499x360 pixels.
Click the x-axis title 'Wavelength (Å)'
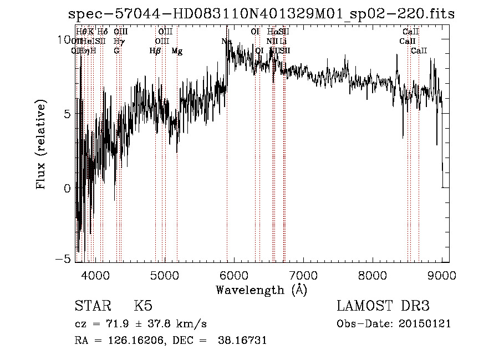click(x=261, y=290)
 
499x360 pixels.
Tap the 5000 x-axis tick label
click(x=164, y=275)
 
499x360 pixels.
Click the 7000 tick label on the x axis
click(x=303, y=275)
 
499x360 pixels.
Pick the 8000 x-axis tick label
click(x=372, y=275)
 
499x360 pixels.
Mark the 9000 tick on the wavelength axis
click(x=441, y=275)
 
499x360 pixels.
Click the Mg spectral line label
click(x=177, y=51)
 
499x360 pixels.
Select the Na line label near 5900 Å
click(x=226, y=42)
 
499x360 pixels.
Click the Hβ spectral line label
click(x=155, y=51)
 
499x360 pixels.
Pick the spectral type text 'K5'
click(x=143, y=306)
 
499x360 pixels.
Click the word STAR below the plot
click(x=92, y=306)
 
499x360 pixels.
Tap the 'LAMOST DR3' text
click(x=383, y=306)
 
